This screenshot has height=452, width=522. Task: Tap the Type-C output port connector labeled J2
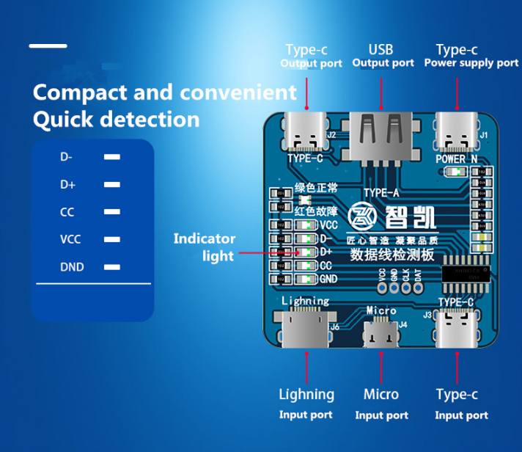pos(306,133)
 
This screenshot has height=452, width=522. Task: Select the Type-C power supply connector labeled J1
pos(457,133)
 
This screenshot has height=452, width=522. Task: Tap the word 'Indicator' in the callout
pos(205,238)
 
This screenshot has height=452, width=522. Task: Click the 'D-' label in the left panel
pos(67,157)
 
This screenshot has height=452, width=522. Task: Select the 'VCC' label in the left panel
pos(70,239)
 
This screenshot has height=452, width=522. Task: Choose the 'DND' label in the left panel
pos(72,267)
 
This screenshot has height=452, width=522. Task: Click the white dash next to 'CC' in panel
pos(111,212)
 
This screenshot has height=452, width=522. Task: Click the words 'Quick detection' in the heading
pos(116,120)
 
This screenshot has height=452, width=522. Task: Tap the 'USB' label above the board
pos(381,49)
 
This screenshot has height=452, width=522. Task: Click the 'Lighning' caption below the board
pos(306,394)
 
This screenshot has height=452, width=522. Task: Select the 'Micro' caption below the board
pos(381,394)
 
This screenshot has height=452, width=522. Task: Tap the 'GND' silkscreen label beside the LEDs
pos(328,279)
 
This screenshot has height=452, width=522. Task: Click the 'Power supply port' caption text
pos(471,63)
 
